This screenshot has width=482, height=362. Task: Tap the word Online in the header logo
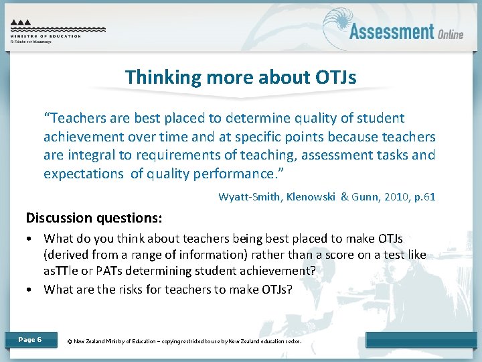[451, 34]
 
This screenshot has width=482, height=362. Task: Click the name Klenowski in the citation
[307, 197]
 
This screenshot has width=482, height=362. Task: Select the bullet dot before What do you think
[30, 239]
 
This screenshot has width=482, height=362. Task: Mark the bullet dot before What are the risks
[30, 290]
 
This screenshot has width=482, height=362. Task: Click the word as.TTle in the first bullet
[61, 270]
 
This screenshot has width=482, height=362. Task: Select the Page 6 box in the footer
[30, 340]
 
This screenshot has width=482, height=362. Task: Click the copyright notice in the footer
[185, 341]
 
